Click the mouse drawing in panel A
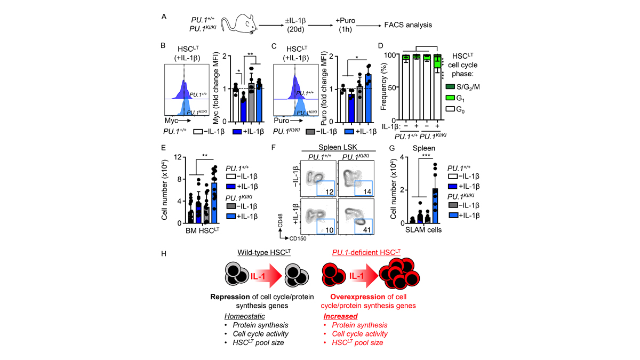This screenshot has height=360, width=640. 238,25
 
